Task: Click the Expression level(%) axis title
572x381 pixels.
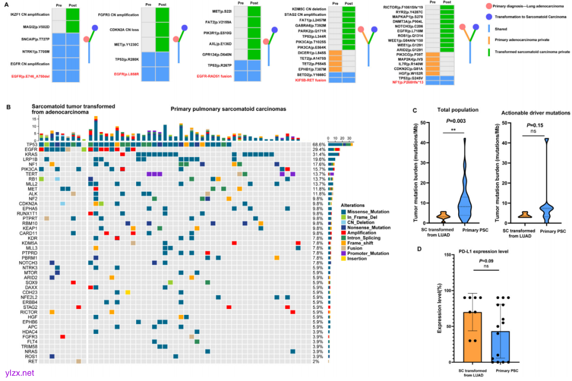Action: point(440,308)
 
